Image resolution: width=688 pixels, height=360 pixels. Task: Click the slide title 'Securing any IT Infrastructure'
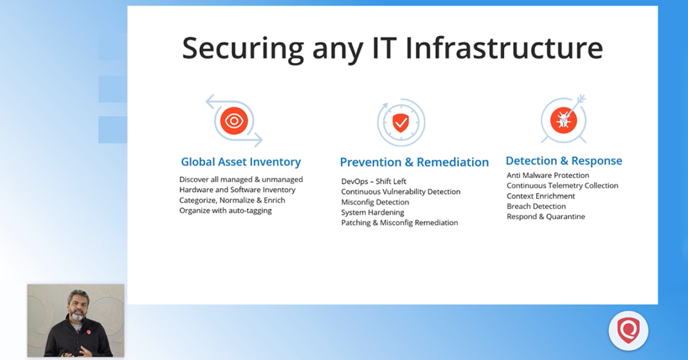click(x=392, y=48)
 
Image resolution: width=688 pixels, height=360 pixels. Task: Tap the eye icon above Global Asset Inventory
click(x=233, y=120)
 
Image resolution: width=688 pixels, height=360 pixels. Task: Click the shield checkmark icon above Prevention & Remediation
click(x=401, y=122)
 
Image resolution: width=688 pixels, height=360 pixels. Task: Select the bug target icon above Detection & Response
click(x=563, y=120)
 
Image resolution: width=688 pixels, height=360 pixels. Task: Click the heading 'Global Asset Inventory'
click(x=240, y=162)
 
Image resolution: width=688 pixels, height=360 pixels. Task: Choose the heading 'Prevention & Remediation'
click(x=414, y=162)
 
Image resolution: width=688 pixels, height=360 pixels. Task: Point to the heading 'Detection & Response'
click(x=564, y=161)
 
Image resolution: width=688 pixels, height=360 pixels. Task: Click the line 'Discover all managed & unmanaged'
click(x=241, y=179)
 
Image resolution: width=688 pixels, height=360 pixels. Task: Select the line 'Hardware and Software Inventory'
click(x=237, y=190)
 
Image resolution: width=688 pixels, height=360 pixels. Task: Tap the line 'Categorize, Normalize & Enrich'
click(x=232, y=200)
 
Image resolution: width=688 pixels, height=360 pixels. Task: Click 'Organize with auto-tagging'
click(x=225, y=210)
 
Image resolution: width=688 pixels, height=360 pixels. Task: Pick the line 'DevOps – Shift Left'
click(x=374, y=181)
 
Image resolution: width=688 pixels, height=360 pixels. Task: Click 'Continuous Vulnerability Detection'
click(x=401, y=192)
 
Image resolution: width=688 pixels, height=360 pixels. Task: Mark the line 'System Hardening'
click(x=372, y=212)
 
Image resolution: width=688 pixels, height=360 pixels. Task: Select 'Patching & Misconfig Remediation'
click(x=399, y=222)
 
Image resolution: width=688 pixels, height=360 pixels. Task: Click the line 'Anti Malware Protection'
click(x=548, y=175)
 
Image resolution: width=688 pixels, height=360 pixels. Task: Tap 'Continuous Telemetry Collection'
click(x=562, y=185)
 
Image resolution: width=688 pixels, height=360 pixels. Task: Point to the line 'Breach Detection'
click(x=536, y=206)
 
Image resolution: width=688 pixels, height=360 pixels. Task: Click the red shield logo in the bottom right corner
click(x=628, y=331)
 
